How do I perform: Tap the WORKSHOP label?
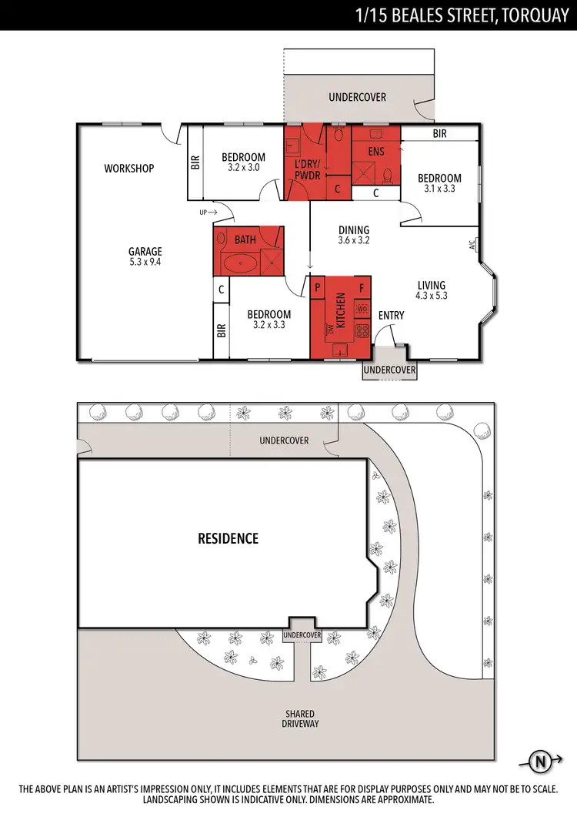[129, 169]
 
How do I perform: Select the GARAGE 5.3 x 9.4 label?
[145, 256]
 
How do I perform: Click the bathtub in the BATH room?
[242, 264]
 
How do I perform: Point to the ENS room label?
[375, 152]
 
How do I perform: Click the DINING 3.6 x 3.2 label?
[354, 235]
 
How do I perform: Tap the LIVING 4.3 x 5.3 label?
[431, 290]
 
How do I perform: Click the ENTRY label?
[391, 315]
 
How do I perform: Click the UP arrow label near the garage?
[208, 212]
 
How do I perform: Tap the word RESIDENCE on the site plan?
[228, 538]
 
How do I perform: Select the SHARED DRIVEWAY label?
[299, 718]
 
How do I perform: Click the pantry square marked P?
[317, 286]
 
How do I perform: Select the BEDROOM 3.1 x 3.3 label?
[439, 182]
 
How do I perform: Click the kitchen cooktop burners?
[362, 332]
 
